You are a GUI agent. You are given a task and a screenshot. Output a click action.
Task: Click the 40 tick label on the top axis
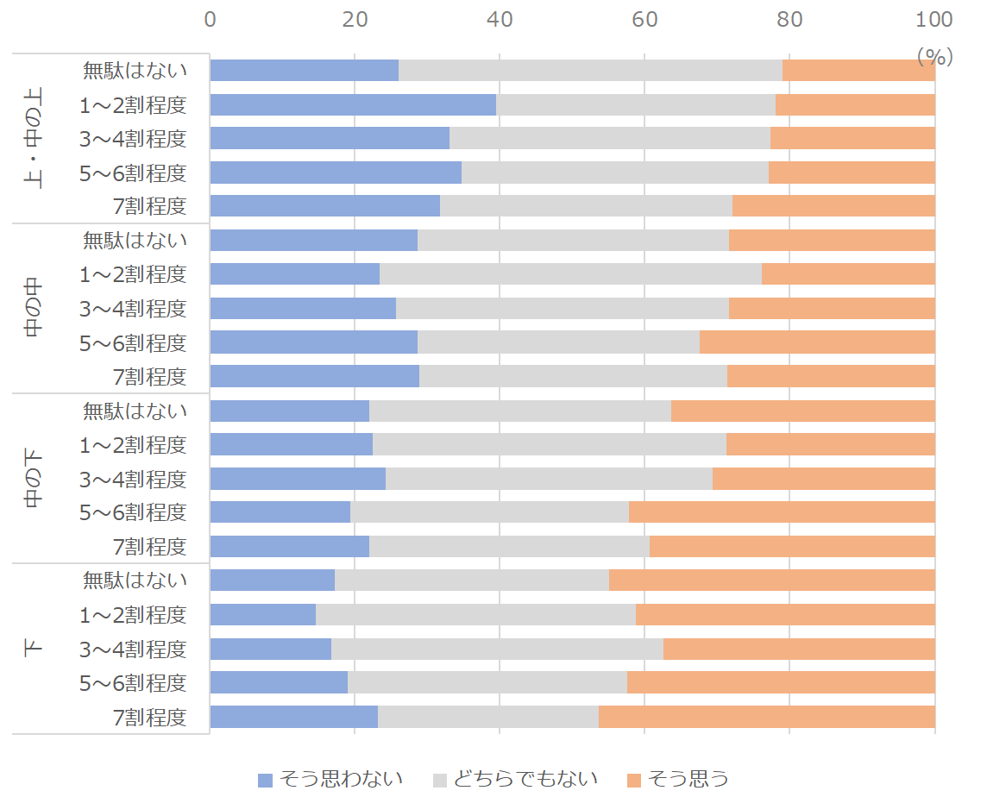[x=500, y=19]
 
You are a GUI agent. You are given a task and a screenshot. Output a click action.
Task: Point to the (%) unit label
[x=934, y=57]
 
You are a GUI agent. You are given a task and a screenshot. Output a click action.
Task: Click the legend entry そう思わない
[x=330, y=779]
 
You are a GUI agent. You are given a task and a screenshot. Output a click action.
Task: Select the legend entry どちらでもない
[x=515, y=779]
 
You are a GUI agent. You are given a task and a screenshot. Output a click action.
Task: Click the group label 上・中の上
[x=34, y=138]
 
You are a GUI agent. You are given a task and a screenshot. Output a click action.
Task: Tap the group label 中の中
[x=34, y=307]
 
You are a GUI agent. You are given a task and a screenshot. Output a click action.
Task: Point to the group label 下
[x=34, y=648]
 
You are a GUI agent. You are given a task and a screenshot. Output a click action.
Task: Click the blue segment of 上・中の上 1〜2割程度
[x=353, y=105]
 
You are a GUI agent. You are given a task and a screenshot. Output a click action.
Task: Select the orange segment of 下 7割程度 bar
[x=766, y=717]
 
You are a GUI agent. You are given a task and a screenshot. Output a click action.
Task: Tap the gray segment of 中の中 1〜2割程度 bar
[x=570, y=274]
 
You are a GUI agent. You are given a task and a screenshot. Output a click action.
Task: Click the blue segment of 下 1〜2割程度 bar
[x=262, y=614]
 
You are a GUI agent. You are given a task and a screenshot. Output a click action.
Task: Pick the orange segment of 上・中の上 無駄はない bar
[x=858, y=71]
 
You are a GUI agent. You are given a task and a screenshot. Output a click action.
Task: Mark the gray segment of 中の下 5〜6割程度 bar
[x=489, y=512]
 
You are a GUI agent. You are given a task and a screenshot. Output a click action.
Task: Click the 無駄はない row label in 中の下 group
[x=135, y=411]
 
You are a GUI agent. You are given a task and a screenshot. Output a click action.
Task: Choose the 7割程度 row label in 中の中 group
[x=149, y=377]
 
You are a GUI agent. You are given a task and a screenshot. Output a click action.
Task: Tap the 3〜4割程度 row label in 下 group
[x=133, y=649]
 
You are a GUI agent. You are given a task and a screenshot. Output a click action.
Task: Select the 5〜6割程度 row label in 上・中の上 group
[x=133, y=173]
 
